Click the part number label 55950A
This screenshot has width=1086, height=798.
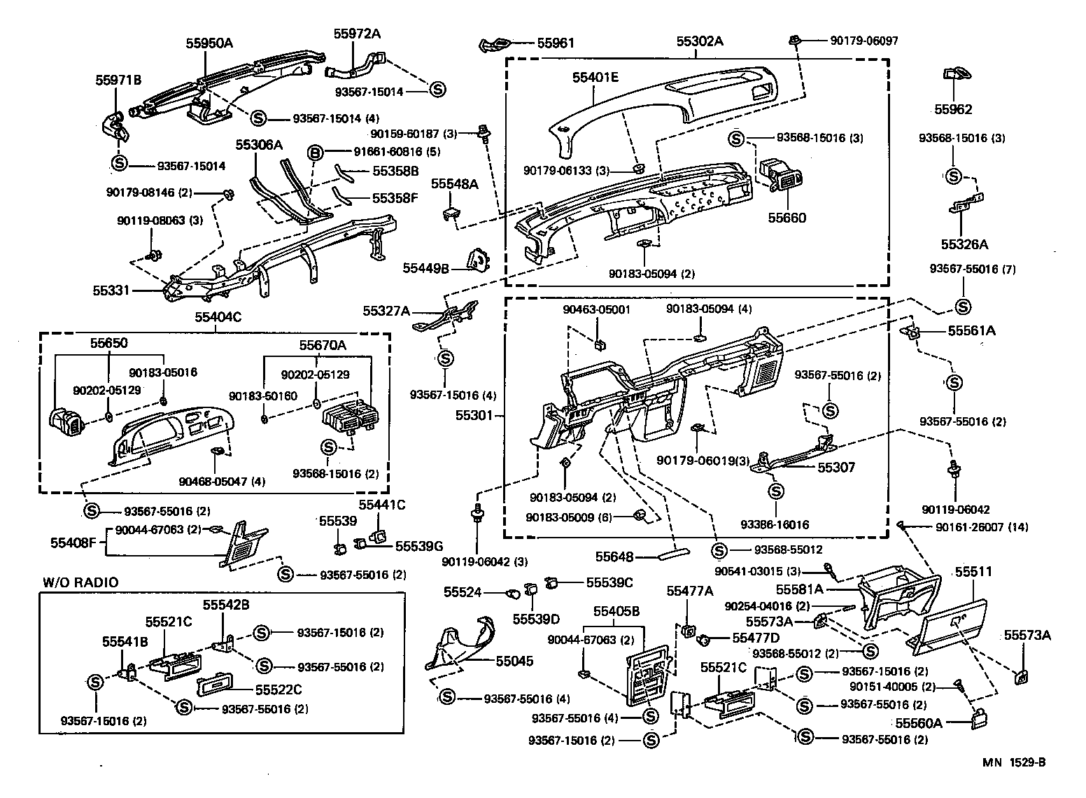click(x=209, y=43)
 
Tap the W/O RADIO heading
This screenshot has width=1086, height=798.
click(x=80, y=582)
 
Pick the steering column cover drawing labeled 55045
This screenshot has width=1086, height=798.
click(x=462, y=644)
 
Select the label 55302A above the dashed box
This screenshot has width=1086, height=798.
click(x=699, y=41)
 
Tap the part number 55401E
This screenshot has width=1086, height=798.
click(x=595, y=78)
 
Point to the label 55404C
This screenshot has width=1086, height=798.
click(x=218, y=316)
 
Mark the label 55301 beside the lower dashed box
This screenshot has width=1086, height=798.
click(x=475, y=415)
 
